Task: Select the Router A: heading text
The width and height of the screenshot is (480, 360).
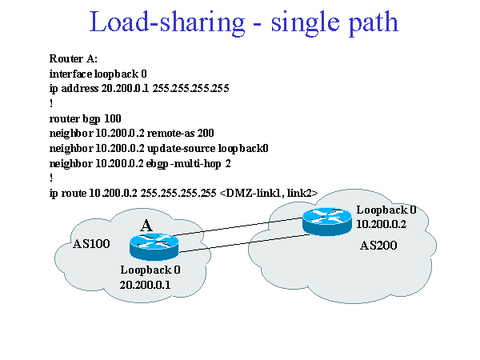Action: pos(73,59)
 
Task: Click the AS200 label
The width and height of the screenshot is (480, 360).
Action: pos(378,245)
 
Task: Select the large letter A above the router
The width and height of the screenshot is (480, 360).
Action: pos(146,226)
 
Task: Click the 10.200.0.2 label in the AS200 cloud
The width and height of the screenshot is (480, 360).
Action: pos(382,225)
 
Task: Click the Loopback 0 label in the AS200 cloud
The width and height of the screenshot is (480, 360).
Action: pos(386,210)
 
